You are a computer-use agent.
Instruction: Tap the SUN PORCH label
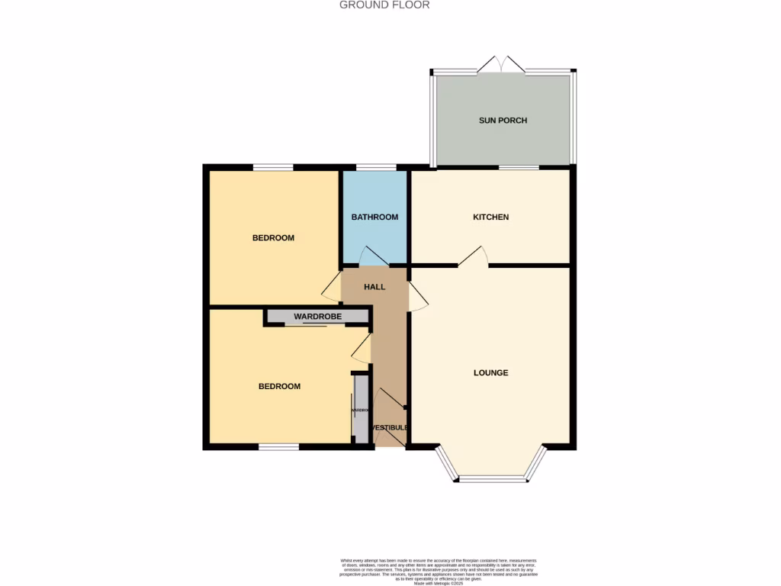coord(503,121)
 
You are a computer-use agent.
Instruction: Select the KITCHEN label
coord(490,217)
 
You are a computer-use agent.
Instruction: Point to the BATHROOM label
coord(374,217)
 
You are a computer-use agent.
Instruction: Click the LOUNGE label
coord(490,373)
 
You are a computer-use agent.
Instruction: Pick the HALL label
coord(374,288)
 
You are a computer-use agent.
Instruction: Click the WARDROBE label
coord(317,317)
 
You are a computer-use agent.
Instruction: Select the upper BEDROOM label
coord(273,238)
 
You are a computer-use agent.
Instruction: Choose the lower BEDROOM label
coord(279,386)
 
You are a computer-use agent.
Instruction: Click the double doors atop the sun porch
coord(502,66)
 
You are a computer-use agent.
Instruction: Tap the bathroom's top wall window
coord(376,167)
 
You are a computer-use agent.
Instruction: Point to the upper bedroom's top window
coord(273,167)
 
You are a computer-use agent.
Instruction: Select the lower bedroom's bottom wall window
coord(278,446)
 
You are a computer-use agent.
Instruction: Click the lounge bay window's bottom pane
coord(492,479)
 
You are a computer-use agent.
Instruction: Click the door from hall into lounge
coord(419,296)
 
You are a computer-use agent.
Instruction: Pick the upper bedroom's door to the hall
coord(332,287)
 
